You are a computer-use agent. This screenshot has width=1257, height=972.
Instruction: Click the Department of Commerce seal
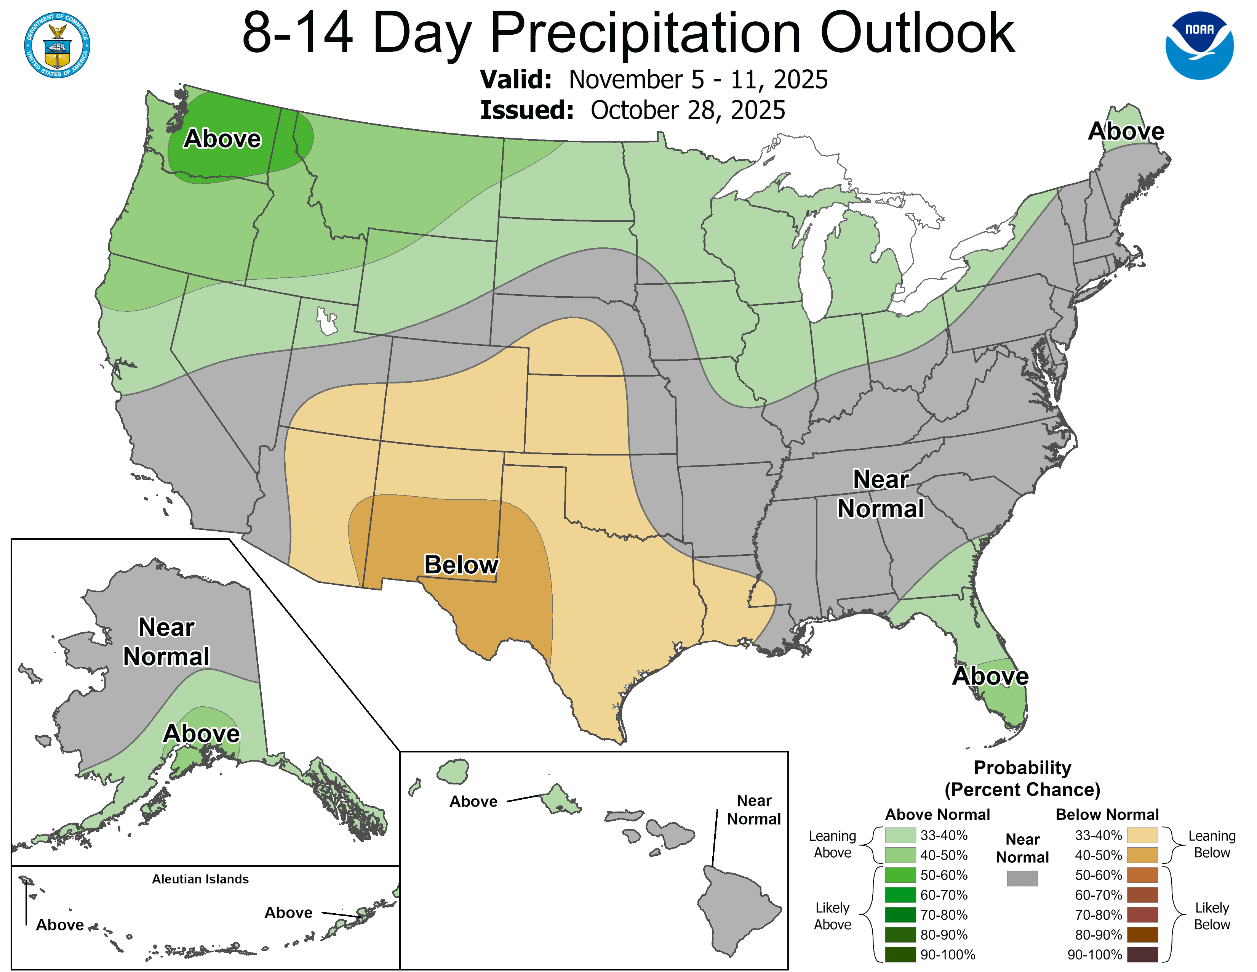pyautogui.click(x=57, y=45)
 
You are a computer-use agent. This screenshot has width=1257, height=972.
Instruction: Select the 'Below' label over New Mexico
pyautogui.click(x=461, y=565)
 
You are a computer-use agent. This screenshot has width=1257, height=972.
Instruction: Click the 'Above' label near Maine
pyautogui.click(x=1126, y=131)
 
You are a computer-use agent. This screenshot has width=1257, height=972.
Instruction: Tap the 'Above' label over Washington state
pyautogui.click(x=222, y=139)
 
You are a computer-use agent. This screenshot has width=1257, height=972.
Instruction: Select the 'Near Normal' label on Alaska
pyautogui.click(x=166, y=642)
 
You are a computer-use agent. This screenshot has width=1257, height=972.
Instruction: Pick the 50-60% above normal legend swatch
pyautogui.click(x=900, y=875)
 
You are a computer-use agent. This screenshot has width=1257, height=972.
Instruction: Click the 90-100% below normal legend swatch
pyautogui.click(x=1142, y=955)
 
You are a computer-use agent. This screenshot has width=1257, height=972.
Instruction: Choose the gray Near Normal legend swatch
pyautogui.click(x=1022, y=878)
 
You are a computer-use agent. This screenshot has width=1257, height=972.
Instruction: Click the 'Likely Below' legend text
pyautogui.click(x=1212, y=916)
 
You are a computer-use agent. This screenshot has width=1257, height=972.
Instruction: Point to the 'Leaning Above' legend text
pyautogui.click(x=832, y=844)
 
